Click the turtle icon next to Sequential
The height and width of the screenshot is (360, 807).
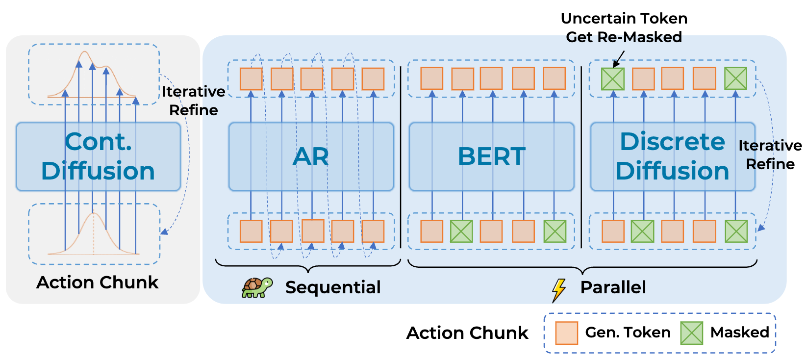pyautogui.click(x=256, y=287)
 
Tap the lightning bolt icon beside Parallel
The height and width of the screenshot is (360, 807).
pyautogui.click(x=558, y=290)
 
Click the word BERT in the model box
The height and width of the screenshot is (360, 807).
pyautogui.click(x=491, y=156)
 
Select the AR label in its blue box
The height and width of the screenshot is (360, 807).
pyautogui.click(x=311, y=156)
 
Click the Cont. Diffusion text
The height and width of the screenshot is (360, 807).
pyautogui.click(x=98, y=156)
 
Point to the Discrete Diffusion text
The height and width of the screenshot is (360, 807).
pyautogui.click(x=672, y=156)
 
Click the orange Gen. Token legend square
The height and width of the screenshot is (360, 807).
pyautogui.click(x=566, y=333)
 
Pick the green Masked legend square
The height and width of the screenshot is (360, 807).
pyautogui.click(x=691, y=333)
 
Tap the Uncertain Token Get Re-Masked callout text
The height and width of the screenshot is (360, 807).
pyautogui.click(x=624, y=27)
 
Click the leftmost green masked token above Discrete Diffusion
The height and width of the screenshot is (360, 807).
pyautogui.click(x=613, y=79)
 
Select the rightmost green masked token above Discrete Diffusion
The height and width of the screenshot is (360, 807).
pyautogui.click(x=735, y=78)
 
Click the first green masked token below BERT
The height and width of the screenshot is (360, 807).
pyautogui.click(x=461, y=231)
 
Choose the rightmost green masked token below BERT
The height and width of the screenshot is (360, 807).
pyautogui.click(x=555, y=231)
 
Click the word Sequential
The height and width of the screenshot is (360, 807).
pyautogui.click(x=332, y=287)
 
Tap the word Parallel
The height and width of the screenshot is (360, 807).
pyautogui.click(x=613, y=287)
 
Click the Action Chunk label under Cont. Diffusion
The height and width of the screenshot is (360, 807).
pyautogui.click(x=97, y=283)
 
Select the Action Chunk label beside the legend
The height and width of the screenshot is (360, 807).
pyautogui.click(x=467, y=333)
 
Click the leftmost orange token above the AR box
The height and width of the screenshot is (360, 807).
pyautogui.click(x=251, y=79)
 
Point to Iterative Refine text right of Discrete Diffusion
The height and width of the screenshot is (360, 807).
pyautogui.click(x=770, y=154)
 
